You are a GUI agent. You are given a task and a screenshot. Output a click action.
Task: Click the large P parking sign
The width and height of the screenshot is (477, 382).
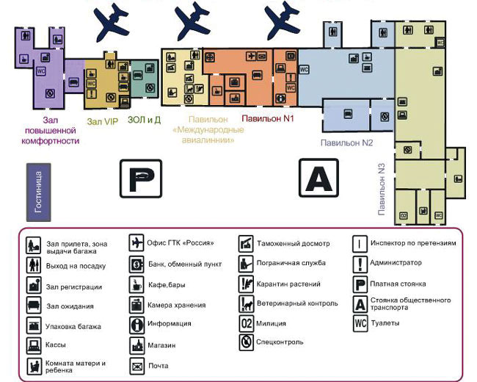pyautogui.click(x=141, y=179)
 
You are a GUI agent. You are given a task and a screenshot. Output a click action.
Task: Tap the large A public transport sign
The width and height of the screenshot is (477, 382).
pyautogui.click(x=318, y=178)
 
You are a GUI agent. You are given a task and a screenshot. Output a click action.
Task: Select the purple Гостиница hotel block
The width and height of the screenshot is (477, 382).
pyautogui.click(x=39, y=192)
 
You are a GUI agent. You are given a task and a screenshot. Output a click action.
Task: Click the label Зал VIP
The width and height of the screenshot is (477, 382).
pyautogui.click(x=102, y=121)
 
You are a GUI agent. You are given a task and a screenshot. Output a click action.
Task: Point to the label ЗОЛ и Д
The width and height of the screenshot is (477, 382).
pyautogui.click(x=144, y=120)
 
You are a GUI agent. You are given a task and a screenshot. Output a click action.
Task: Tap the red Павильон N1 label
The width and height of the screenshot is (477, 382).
pyautogui.click(x=268, y=118)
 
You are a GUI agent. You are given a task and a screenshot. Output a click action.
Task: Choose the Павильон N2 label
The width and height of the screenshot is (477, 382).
pyautogui.click(x=346, y=143)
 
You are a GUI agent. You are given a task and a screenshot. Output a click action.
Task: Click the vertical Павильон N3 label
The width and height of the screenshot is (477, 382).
pyautogui.click(x=382, y=190)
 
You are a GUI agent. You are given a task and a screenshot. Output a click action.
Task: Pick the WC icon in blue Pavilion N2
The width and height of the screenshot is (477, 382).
pyautogui.click(x=304, y=70)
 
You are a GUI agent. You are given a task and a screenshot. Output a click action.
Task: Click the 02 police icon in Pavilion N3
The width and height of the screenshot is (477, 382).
pyautogui.click(x=404, y=216)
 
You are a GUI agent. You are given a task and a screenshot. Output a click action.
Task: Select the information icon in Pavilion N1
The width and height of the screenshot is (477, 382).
pyautogui.click(x=280, y=98)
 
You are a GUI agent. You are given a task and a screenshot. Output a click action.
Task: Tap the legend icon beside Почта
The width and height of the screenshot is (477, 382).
pyautogui.click(x=137, y=366)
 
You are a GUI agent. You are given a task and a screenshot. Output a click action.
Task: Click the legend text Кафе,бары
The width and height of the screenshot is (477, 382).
pyautogui.click(x=167, y=285)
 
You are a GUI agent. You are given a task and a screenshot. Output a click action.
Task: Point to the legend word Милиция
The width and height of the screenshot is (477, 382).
pyautogui.click(x=271, y=323)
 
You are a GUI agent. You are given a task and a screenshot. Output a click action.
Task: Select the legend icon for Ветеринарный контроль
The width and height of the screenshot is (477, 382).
pyautogui.click(x=246, y=303)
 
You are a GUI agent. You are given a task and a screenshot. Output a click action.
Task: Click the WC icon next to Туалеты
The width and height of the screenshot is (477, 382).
pyautogui.click(x=360, y=323)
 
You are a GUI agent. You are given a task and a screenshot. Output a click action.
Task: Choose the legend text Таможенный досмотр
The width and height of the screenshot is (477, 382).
pyautogui.click(x=294, y=243)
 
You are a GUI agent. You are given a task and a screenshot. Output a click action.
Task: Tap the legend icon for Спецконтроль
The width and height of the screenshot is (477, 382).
pyautogui.click(x=246, y=342)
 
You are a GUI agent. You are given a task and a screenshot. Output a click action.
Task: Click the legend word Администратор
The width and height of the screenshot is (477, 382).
pyautogui.click(x=396, y=262)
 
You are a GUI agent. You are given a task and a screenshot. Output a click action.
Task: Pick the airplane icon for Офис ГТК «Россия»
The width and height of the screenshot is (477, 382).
pyautogui.click(x=136, y=242)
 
